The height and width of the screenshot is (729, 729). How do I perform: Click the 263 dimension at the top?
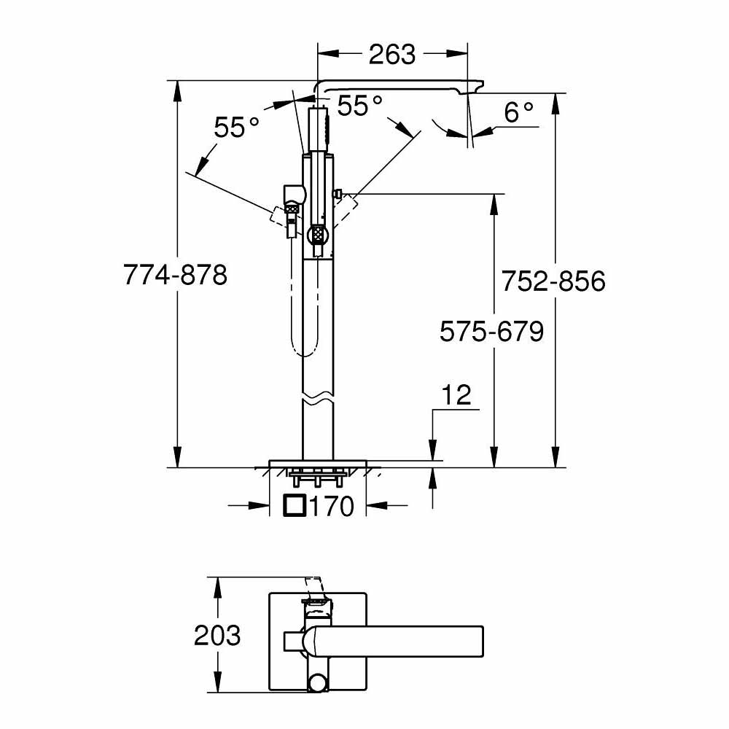pos(391,54)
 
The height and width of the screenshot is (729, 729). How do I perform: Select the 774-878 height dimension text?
pos(175,276)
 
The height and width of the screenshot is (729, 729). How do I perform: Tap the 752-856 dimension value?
pos(553,281)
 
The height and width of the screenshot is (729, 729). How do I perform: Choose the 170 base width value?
pos(332,505)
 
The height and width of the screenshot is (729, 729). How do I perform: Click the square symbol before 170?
pos(295,505)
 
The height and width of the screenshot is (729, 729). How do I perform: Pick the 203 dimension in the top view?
pos(217,635)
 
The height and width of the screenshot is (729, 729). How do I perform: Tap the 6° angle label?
pos(519,112)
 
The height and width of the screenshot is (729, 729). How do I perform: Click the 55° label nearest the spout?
pos(359,106)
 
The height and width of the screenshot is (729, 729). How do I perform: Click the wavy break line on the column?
pos(319,401)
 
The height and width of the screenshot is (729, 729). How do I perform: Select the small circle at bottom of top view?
pos(319,683)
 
